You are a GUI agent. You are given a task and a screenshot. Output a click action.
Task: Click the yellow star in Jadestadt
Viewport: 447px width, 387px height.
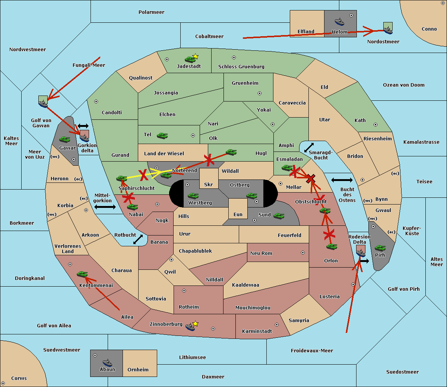coord(195,56)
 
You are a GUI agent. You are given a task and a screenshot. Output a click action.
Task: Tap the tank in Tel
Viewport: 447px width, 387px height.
coord(162,136)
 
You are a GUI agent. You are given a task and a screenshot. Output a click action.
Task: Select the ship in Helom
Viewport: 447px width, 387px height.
coord(339,22)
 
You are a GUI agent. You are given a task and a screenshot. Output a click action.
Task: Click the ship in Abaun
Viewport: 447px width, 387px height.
coord(108,362)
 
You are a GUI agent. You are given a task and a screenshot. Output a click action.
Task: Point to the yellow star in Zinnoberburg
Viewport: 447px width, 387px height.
coord(195,324)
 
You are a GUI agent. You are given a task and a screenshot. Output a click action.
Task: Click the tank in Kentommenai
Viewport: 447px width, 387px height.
coord(82,274)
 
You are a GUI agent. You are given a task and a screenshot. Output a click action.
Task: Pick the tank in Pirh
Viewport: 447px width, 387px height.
coord(380,248)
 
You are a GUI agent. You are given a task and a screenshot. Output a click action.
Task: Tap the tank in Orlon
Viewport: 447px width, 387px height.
coord(332,247)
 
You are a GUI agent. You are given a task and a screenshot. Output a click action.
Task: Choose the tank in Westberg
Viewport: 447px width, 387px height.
coord(193,196)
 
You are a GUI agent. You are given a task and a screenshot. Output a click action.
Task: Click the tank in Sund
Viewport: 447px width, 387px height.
coord(279,216)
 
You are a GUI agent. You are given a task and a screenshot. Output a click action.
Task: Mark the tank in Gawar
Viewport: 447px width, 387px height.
coord(65,140)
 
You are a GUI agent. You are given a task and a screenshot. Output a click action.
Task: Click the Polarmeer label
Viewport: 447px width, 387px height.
coord(151,12)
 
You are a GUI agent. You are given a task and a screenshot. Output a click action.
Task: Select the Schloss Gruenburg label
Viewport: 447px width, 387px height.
coord(241,66)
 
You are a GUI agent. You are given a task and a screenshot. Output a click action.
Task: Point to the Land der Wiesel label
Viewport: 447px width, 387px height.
coord(164,154)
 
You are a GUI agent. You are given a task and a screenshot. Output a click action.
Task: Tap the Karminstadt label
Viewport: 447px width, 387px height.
coord(257,331)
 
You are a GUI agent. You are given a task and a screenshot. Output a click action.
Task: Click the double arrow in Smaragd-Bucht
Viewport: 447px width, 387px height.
coord(309,147)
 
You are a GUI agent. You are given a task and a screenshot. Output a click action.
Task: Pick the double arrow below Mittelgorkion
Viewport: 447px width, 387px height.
coord(105,207)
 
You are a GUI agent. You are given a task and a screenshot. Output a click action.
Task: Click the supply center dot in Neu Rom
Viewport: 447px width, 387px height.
coord(303,253)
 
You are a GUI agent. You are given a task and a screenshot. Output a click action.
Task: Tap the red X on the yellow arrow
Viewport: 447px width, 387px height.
coord(143,175)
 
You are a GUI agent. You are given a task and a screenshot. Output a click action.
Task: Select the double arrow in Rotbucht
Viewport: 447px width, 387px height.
coord(138,240)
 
